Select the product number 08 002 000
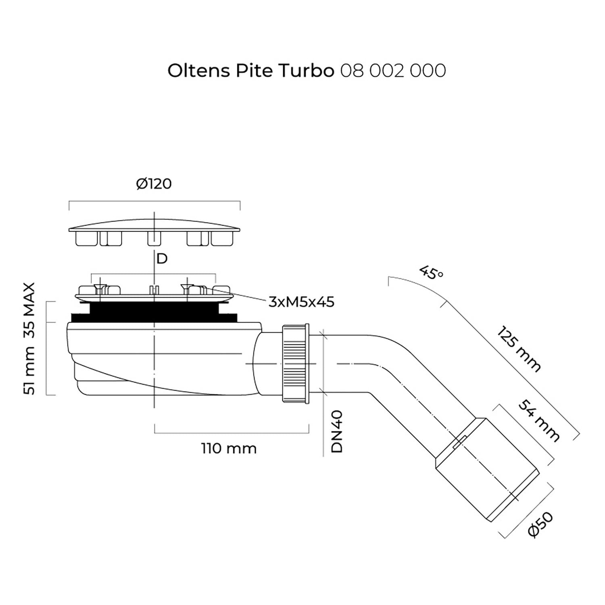coord(393,71)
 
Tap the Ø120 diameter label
coord(154,184)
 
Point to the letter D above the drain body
coord(162,259)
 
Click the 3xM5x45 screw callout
coord(301,302)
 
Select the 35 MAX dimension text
coord(29,310)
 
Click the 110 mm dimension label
coord(229,449)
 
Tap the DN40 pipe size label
coord(337,432)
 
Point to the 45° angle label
coord(431,273)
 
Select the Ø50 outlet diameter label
coord(541,524)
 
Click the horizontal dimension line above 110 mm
coord(232,433)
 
